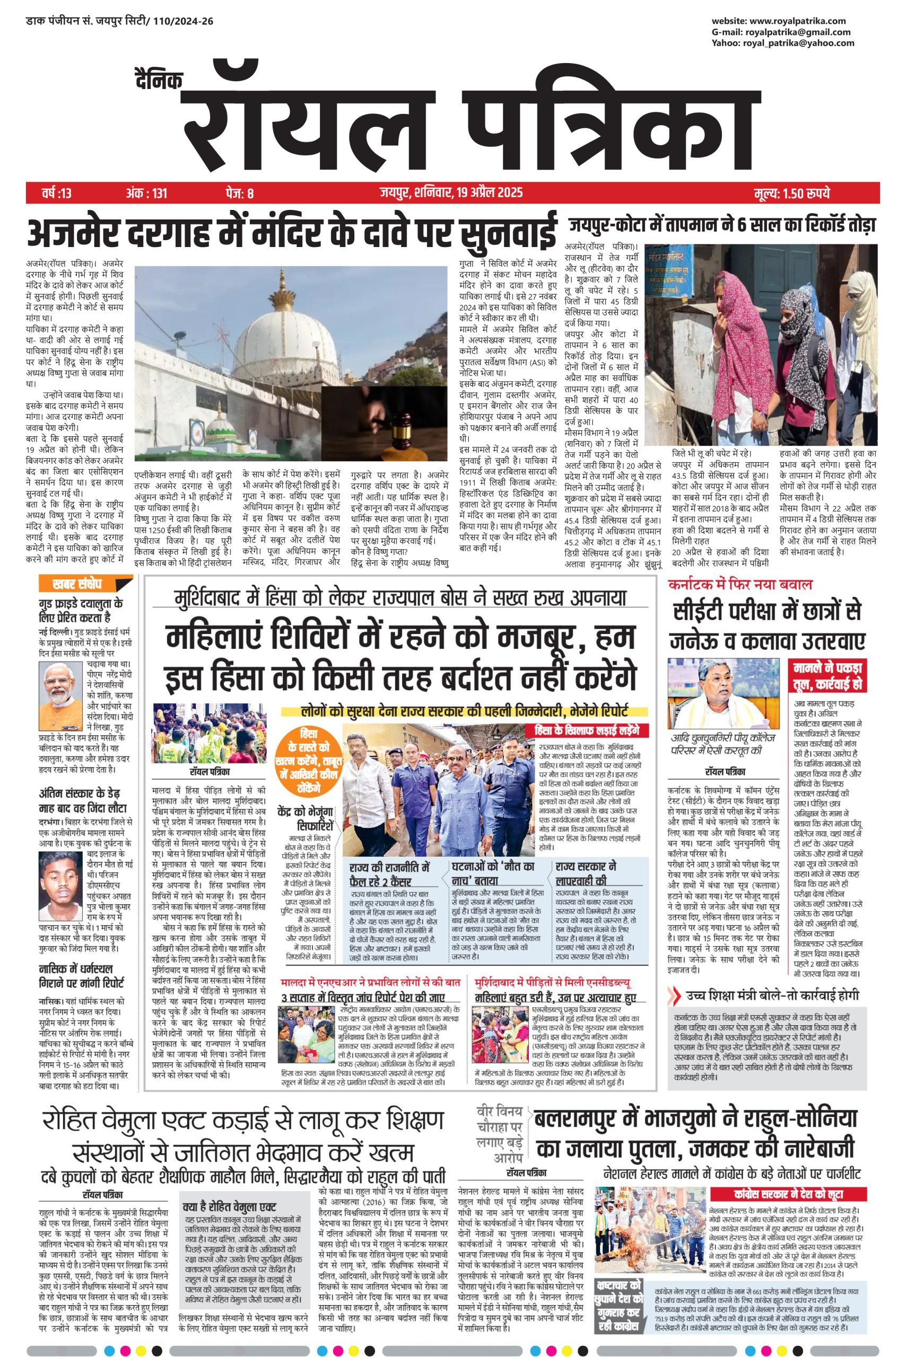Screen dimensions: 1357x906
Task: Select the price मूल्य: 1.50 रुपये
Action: click(791, 193)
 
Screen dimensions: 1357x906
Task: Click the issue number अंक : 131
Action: click(147, 193)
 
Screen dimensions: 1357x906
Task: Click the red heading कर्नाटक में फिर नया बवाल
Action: click(739, 584)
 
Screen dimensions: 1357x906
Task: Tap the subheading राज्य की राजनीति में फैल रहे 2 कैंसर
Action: click(390, 874)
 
